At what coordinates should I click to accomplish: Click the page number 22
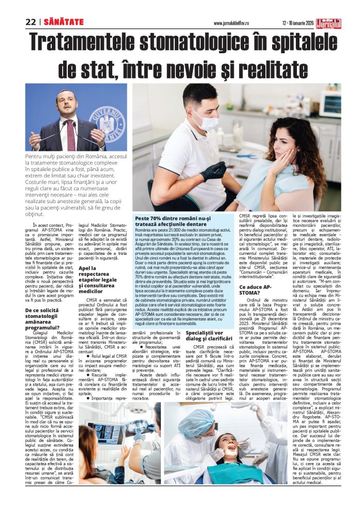click(x=31, y=22)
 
